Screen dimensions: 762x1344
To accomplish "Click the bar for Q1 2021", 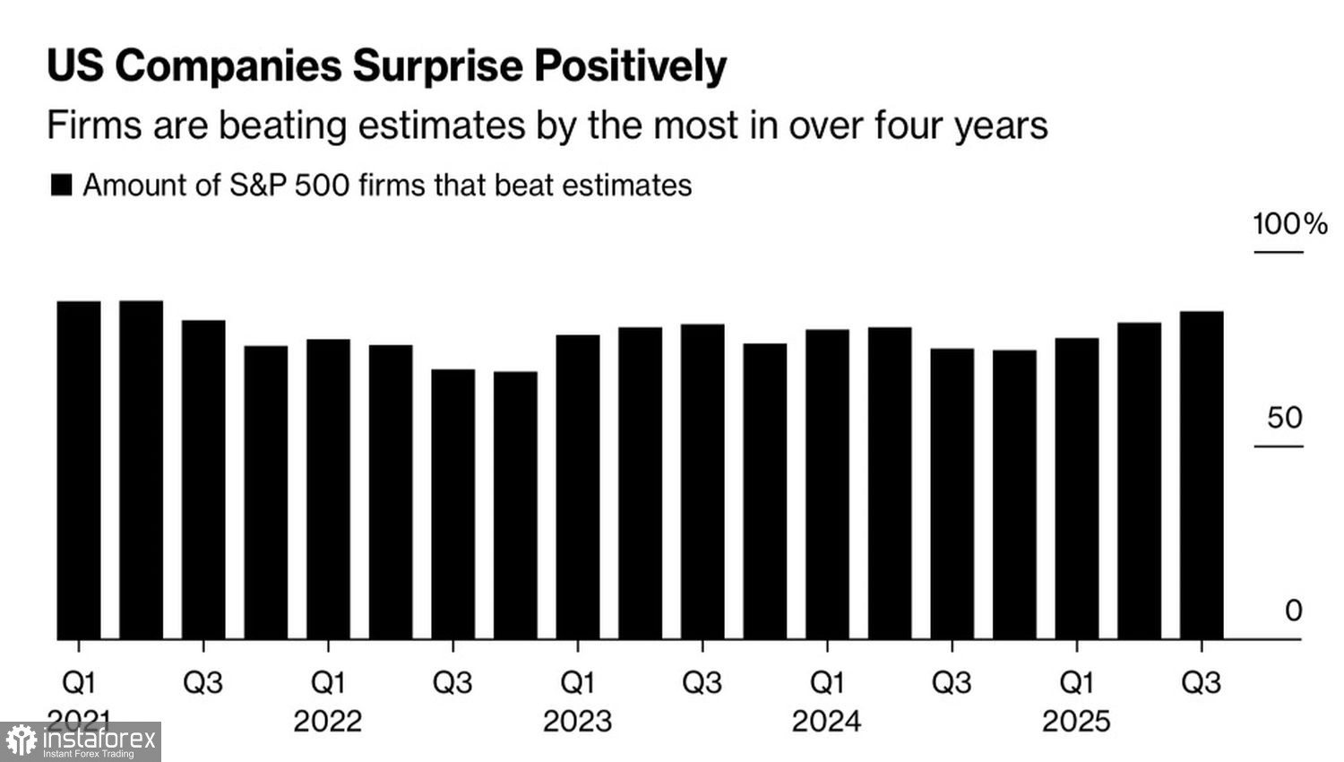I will tap(79, 471).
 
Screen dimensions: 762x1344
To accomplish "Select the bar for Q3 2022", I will tap(453, 504).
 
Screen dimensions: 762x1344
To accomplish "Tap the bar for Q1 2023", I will tap(578, 487).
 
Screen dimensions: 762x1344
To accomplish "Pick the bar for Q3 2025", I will tap(1202, 475).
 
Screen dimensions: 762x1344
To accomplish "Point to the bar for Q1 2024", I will tap(827, 484).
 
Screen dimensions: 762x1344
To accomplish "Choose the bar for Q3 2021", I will tap(203, 480).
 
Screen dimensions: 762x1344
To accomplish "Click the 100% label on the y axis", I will tap(1289, 224).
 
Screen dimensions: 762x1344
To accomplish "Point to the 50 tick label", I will tap(1284, 418).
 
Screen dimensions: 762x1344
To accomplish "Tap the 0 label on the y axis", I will tap(1293, 610).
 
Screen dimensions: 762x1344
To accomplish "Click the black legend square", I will tap(61, 186).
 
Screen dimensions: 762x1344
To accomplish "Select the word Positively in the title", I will tap(631, 67).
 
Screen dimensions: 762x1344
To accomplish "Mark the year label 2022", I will tap(328, 721).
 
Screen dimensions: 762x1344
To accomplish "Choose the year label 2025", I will tap(1076, 721).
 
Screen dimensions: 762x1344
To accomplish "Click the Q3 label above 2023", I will tap(702, 683).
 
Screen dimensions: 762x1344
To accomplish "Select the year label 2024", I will tap(826, 721).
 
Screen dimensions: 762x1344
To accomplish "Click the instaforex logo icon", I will tap(21, 741).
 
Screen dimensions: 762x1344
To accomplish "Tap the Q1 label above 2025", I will tap(1076, 683).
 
